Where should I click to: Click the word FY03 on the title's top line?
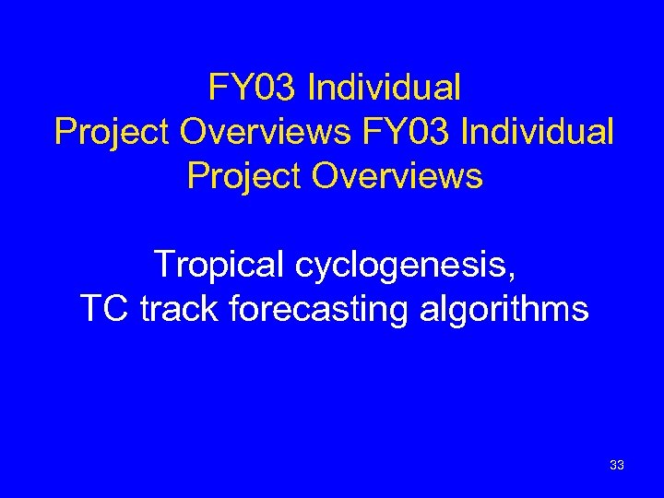pos(252,89)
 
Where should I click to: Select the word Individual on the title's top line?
pos(384,89)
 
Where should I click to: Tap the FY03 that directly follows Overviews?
pos(404,132)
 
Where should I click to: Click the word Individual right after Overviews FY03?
pos(536,132)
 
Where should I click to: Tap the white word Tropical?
pos(219,265)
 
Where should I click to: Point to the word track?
pos(181,308)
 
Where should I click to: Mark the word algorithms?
pos(504,309)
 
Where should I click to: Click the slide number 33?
pos(617,466)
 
